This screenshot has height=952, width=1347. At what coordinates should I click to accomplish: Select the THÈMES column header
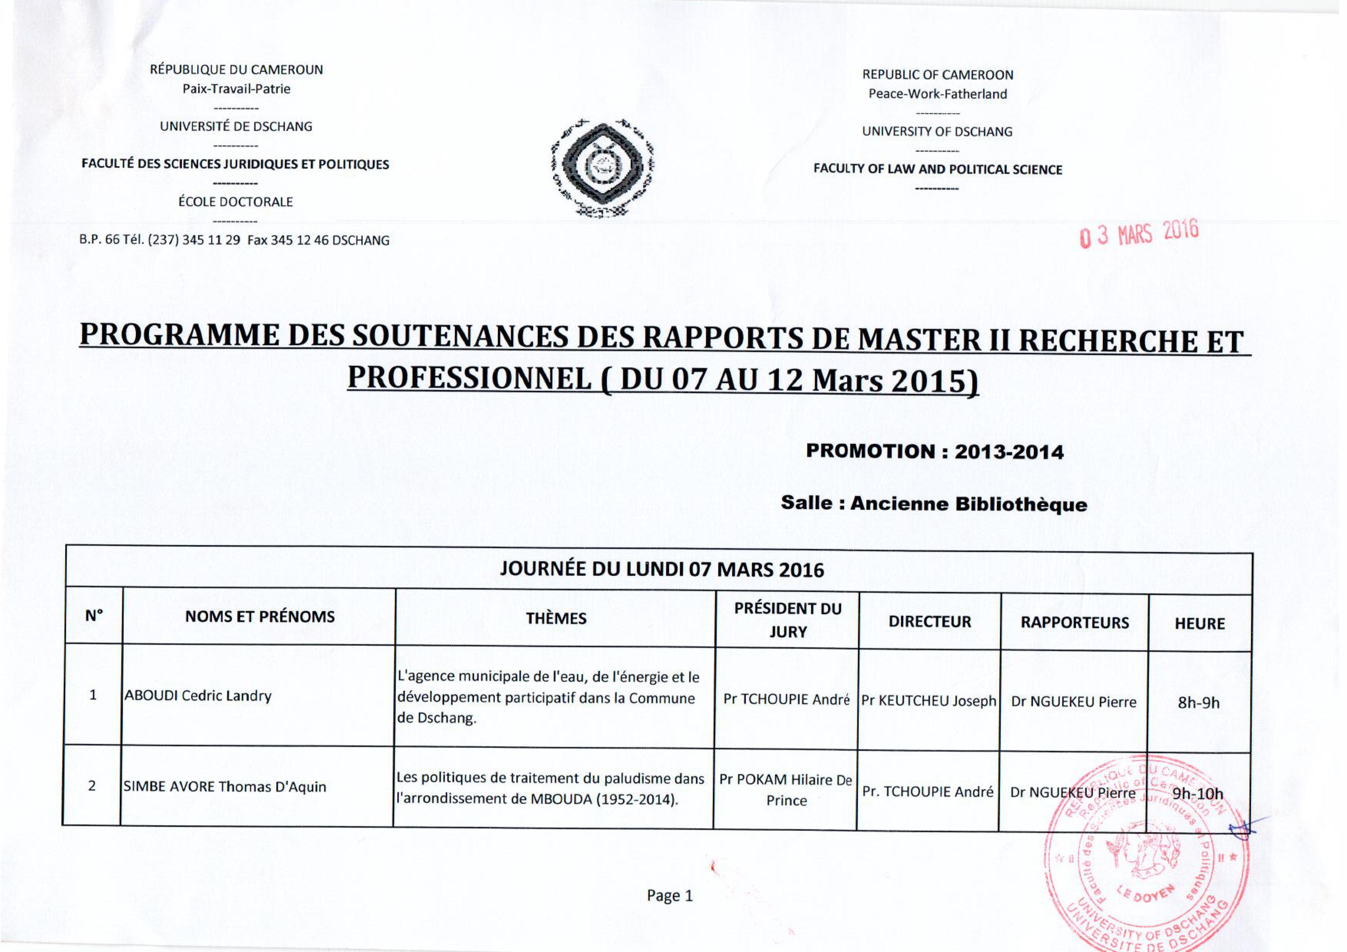tap(555, 618)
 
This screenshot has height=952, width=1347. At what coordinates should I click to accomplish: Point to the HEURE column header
tap(1199, 623)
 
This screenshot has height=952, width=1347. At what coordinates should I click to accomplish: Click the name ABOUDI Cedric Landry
tap(198, 696)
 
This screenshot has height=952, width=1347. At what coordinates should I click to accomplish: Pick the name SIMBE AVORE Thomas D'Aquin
tap(224, 787)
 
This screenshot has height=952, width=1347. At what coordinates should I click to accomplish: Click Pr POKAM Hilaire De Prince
tap(785, 790)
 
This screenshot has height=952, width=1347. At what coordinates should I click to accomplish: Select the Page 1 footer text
tap(669, 896)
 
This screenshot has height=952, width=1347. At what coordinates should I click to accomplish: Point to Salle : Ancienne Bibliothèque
tap(934, 504)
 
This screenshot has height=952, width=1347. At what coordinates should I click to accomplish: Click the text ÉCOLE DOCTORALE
tap(235, 202)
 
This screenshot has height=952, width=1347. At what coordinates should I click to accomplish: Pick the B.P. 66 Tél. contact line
tap(234, 240)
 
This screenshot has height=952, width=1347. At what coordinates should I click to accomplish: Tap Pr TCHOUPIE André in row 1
tap(786, 700)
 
